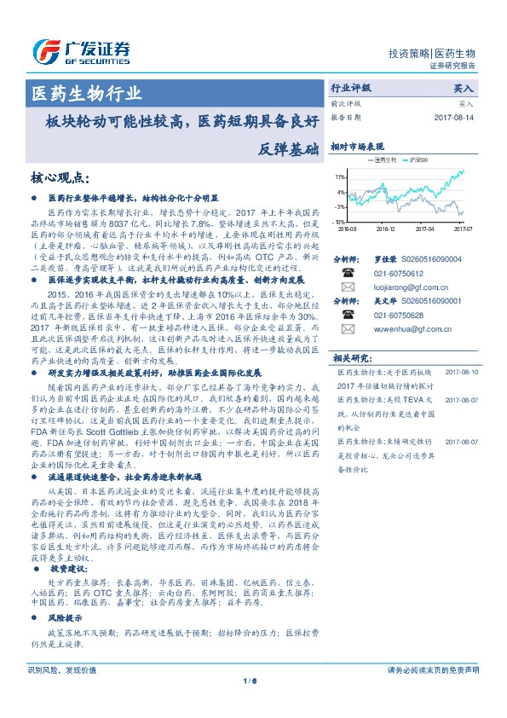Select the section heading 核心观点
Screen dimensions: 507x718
click(x=60, y=177)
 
